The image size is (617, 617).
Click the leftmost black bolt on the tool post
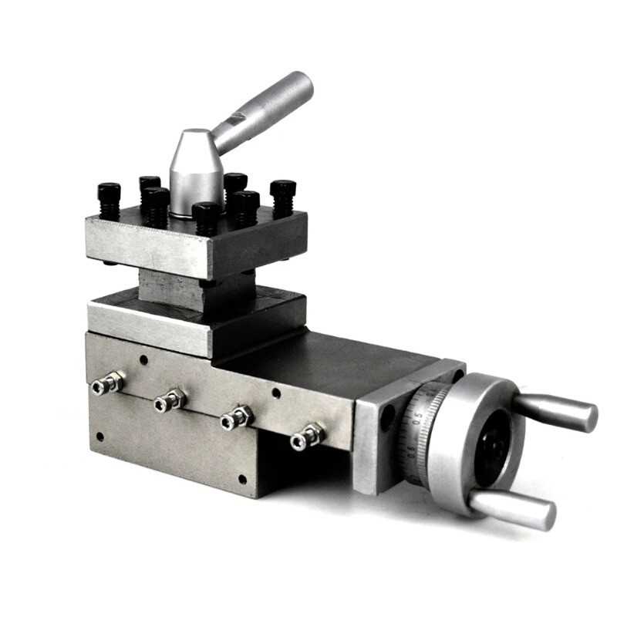[x=109, y=199]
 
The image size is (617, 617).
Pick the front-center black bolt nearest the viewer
[x=205, y=217]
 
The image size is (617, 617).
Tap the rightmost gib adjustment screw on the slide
[x=306, y=437]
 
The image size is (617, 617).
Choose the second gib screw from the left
[x=169, y=400]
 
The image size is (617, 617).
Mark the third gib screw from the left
[x=236, y=417]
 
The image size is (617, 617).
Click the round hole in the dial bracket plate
[x=388, y=416]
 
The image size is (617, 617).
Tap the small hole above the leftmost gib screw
[x=143, y=359]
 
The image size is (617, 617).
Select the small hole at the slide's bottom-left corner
[x=99, y=437]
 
